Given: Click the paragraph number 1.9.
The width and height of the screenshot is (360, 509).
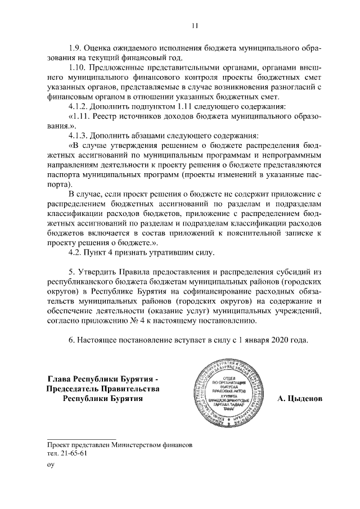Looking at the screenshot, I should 76,48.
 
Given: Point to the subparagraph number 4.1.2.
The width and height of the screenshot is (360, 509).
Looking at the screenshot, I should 80,106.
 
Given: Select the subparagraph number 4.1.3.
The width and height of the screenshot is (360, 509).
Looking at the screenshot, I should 80,136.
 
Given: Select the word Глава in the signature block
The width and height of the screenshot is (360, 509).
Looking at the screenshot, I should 61,379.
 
